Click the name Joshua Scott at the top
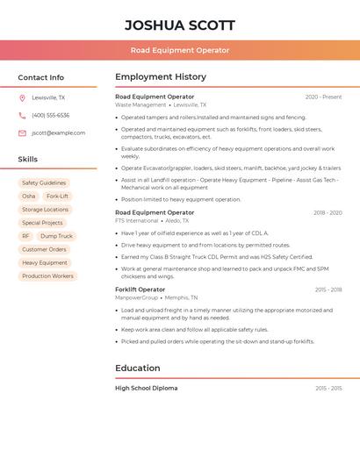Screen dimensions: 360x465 pos(179,25)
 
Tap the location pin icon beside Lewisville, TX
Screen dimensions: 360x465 pos(22,97)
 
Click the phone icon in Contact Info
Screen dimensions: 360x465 pos(22,115)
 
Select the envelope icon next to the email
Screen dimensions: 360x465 pos(22,132)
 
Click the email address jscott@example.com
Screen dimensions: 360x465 pos(58,132)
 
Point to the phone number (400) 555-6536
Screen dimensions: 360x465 pos(50,115)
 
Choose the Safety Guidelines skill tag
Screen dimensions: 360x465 pos(44,182)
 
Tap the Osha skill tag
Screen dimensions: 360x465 pos(29,196)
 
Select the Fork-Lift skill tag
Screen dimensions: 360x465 pos(58,196)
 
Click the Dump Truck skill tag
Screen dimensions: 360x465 pos(56,236)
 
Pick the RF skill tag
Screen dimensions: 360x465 pos(25,236)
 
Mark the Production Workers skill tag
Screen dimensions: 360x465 pos(47,275)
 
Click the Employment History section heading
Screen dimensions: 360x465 pos(161,77)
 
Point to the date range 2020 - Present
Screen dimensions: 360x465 pos(323,97)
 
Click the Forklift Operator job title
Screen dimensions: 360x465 pos(140,290)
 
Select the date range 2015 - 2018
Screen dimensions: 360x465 pos(328,290)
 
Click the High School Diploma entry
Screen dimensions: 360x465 pos(146,388)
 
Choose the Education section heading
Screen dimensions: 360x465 pos(138,368)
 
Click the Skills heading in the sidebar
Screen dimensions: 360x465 pos(28,159)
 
